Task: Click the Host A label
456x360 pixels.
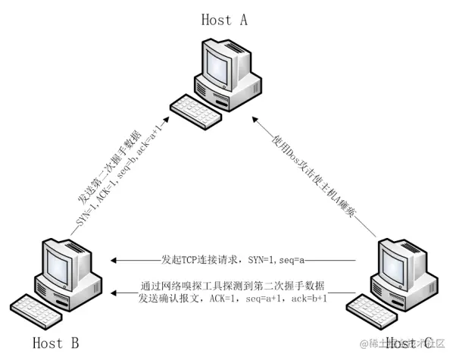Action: tap(224, 20)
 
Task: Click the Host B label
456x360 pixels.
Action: tap(55, 343)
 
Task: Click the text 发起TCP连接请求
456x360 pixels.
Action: tap(201, 260)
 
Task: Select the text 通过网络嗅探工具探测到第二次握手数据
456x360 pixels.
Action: tap(233, 286)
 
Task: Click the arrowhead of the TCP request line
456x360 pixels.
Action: tap(113, 260)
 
